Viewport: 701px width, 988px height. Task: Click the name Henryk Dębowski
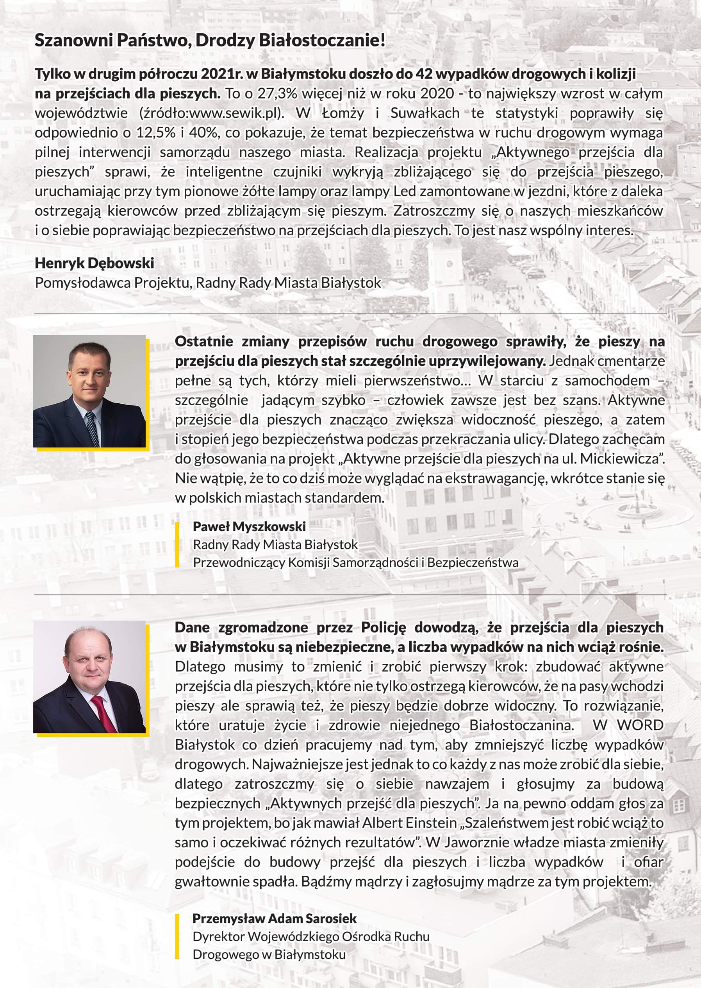point(94,263)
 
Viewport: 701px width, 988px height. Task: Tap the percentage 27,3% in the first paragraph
point(277,94)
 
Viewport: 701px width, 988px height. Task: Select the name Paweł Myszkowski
point(249,526)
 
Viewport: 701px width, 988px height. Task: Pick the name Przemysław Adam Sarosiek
point(275,918)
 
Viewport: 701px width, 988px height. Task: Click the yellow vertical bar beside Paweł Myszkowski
point(177,544)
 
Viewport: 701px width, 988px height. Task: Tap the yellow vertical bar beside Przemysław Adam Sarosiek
point(177,936)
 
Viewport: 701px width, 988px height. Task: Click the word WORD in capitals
point(640,725)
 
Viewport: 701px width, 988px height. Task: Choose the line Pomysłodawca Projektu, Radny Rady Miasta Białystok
point(208,283)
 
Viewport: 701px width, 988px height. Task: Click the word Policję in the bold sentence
point(383,627)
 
